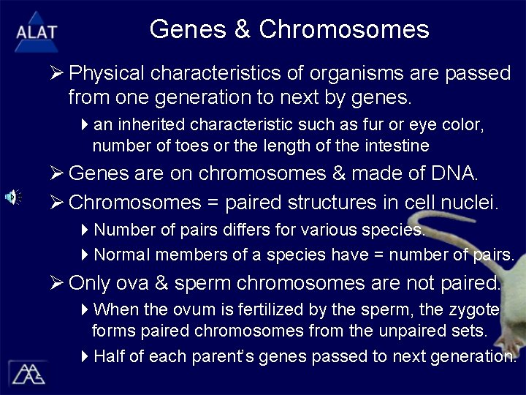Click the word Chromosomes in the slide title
coord(344,29)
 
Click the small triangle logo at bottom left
coord(27,373)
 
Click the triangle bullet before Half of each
coord(85,356)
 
